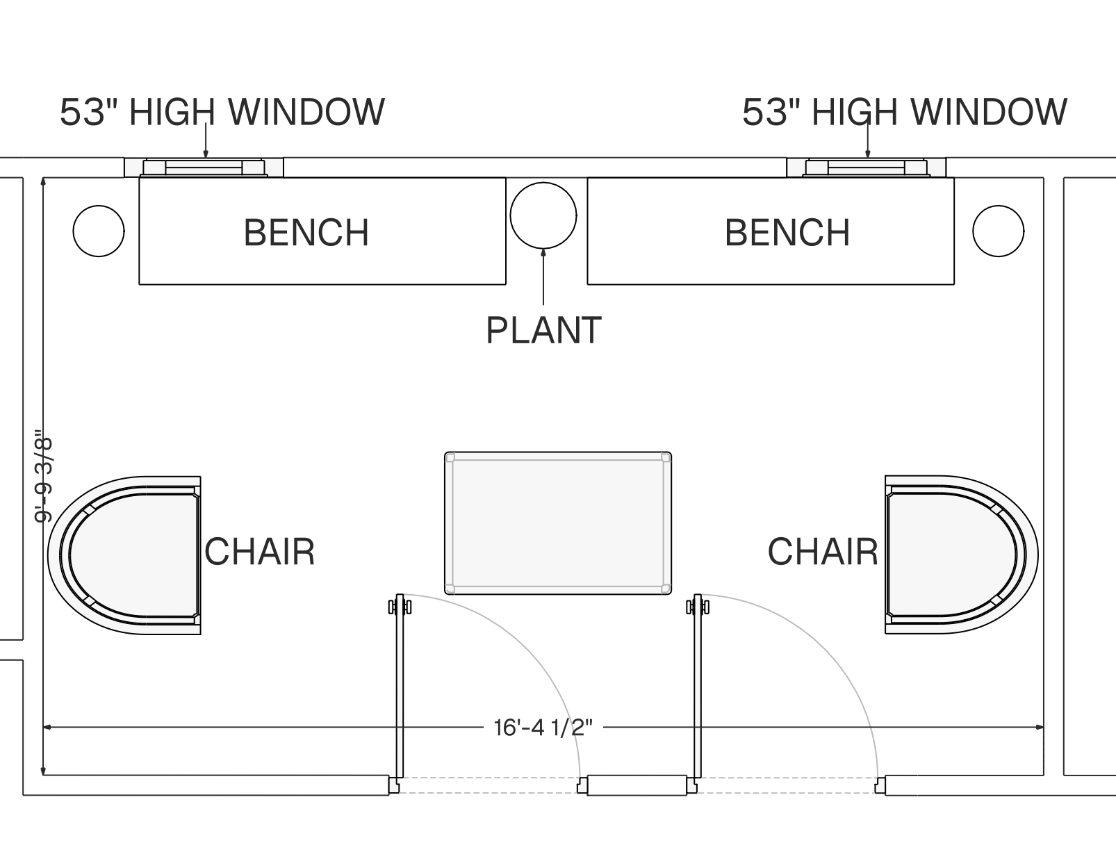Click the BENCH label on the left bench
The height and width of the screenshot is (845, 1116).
pyautogui.click(x=306, y=233)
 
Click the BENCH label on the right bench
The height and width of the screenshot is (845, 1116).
pyautogui.click(x=787, y=233)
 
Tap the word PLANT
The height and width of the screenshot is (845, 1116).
pyautogui.click(x=543, y=331)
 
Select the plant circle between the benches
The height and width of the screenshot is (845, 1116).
pyautogui.click(x=543, y=215)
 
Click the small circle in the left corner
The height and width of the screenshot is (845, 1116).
pyautogui.click(x=99, y=231)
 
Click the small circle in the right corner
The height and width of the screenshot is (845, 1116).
pyautogui.click(x=998, y=231)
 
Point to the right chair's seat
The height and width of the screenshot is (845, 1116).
pyautogui.click(x=952, y=555)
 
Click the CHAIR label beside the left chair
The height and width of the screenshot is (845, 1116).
pyautogui.click(x=260, y=552)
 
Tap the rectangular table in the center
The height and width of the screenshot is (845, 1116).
pyautogui.click(x=558, y=523)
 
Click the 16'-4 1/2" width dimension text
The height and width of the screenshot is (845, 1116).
pyautogui.click(x=543, y=728)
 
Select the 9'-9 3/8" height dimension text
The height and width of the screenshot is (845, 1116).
pyautogui.click(x=43, y=477)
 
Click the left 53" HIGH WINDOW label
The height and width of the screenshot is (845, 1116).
pyautogui.click(x=222, y=112)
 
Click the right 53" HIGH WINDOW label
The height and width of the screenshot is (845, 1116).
pyautogui.click(x=905, y=112)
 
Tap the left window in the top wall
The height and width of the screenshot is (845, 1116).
pyautogui.click(x=204, y=167)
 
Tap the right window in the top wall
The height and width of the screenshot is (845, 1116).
pyautogui.click(x=867, y=167)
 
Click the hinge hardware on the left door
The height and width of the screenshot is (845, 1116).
pyautogui.click(x=400, y=607)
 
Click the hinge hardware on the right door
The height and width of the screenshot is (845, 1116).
pyautogui.click(x=698, y=607)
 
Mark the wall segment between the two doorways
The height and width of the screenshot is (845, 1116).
pyautogui.click(x=637, y=785)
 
